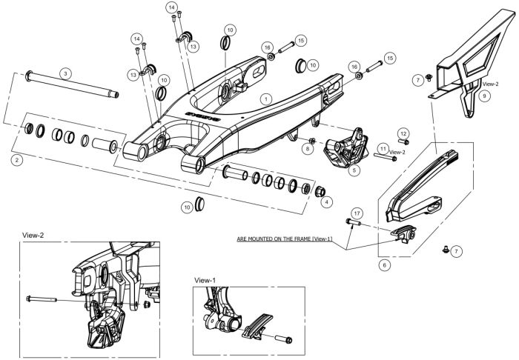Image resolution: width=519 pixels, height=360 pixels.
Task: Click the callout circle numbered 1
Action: pos(265,99)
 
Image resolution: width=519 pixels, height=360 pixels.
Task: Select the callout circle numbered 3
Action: pos(65,73)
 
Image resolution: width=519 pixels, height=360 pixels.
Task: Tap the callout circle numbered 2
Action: pos(17,160)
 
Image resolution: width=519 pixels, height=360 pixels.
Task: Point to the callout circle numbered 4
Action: pos(327,201)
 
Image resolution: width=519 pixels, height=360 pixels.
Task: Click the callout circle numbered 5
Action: pos(354,170)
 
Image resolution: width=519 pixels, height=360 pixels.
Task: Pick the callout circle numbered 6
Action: pos(384,264)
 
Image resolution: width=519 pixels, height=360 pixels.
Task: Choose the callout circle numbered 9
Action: pos(485,96)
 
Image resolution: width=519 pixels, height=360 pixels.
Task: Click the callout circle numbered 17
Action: pos(357,213)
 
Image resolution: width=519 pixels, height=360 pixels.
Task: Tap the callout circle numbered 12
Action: pos(403,133)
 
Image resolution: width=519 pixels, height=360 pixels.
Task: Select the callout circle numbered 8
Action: pos(308,149)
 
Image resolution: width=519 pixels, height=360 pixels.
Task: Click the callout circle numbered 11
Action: pos(383,149)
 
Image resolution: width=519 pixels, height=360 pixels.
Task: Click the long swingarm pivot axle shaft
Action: pos(72,84)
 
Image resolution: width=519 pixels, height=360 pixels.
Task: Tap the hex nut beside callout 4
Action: pos(320,191)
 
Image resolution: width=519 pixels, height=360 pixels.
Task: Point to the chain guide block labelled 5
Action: pos(346,148)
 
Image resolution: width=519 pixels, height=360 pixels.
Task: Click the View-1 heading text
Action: pos(205,280)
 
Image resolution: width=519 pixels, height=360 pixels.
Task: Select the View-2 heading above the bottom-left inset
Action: pos(33,235)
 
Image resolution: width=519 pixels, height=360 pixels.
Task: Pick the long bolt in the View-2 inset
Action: pos(42,299)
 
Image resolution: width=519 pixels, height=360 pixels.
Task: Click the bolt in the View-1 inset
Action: pos(284,339)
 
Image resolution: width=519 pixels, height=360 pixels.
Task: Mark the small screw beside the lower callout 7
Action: pos(445,249)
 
